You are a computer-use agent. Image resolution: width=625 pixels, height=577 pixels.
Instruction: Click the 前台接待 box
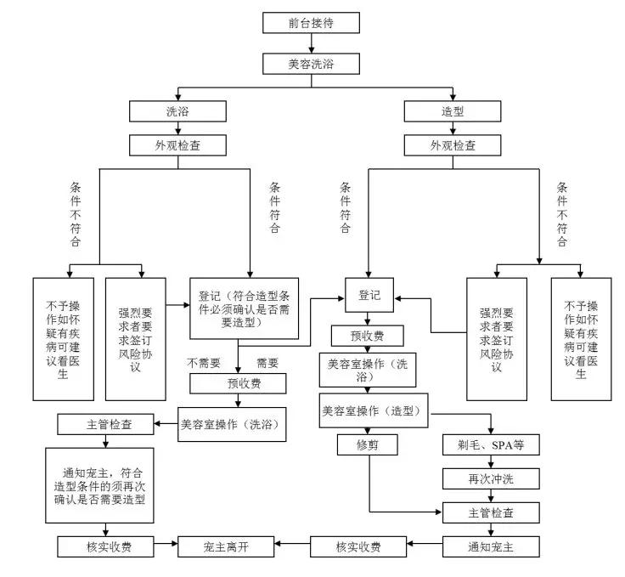pos(312,22)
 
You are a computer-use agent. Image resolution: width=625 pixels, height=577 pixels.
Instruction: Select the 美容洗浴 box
pos(312,63)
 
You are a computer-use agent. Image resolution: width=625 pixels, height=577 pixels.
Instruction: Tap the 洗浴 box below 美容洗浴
pos(166,110)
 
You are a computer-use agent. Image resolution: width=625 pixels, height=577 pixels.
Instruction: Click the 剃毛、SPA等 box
pos(492,445)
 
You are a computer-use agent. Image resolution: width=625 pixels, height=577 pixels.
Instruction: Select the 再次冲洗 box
pos(492,478)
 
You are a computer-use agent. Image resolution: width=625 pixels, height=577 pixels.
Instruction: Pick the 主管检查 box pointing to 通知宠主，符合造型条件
pos(106,423)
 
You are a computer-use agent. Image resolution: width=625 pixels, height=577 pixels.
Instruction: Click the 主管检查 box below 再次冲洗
pos(492,512)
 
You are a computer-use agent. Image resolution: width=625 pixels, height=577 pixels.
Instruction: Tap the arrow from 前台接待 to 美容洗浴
pos(312,42)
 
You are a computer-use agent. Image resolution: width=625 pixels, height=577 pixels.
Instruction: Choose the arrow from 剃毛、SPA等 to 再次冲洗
pos(492,461)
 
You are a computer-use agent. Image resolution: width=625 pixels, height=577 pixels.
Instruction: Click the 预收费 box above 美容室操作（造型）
pos(368,336)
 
